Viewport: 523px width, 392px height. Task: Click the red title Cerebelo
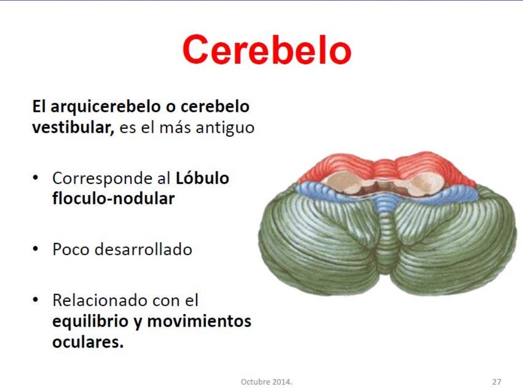267,50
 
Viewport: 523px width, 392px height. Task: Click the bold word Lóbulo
202,178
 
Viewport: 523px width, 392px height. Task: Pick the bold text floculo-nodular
113,199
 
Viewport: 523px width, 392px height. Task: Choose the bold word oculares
87,341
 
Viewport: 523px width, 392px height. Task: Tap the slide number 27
496,381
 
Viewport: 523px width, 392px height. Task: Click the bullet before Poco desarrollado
35,249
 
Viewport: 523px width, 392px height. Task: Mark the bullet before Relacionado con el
35,300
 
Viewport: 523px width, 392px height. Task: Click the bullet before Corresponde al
35,178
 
